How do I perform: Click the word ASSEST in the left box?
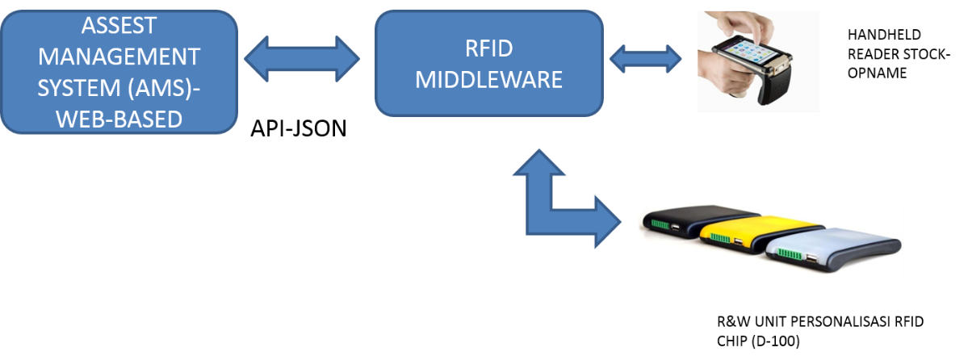tap(119, 27)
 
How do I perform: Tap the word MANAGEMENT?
tap(119, 57)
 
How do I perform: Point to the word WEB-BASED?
tap(119, 117)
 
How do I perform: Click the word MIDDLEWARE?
tap(488, 81)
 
